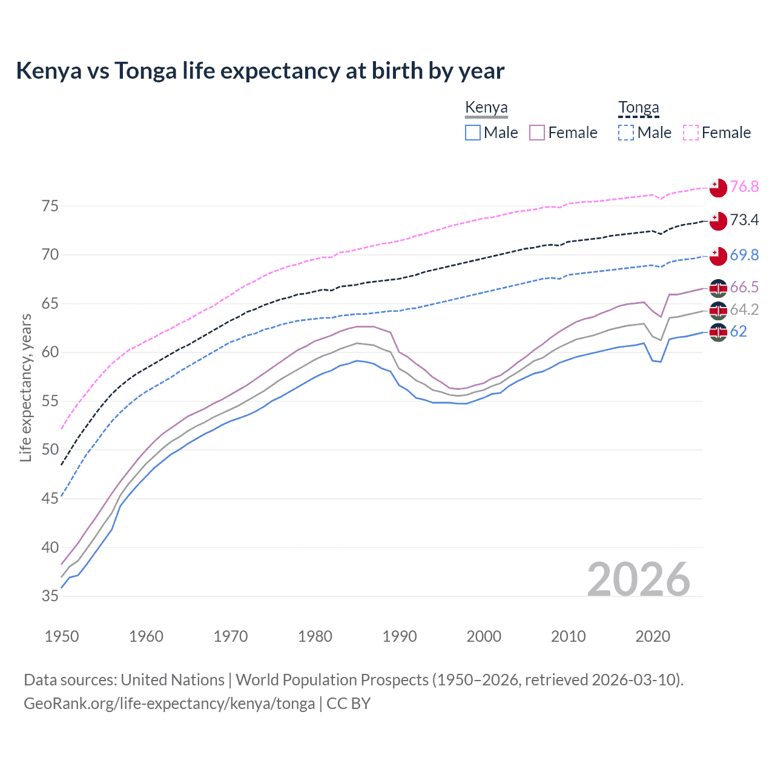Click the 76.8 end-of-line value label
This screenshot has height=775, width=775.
tap(744, 186)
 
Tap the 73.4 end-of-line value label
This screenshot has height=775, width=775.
tap(744, 220)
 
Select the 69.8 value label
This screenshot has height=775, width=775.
tap(744, 255)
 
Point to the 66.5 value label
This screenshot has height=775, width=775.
tap(744, 287)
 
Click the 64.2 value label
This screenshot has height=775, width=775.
tap(744, 309)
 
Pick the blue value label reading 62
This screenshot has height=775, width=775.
tap(738, 331)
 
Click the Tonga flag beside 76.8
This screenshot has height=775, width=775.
tap(718, 188)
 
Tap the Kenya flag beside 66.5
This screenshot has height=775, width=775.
tap(718, 288)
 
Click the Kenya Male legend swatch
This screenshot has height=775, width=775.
tap(473, 133)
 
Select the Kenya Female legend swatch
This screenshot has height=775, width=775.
tap(537, 133)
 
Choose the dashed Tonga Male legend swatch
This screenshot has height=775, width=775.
tap(626, 133)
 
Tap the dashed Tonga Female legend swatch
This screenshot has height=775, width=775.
tap(691, 133)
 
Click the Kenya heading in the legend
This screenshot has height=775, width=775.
tap(486, 108)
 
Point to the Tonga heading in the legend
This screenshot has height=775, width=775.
tap(638, 108)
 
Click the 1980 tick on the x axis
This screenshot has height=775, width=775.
tap(315, 636)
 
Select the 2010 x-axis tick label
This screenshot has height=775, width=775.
tap(568, 636)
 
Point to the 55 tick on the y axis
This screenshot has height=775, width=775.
tap(50, 401)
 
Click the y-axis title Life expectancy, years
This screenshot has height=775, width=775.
tap(25, 388)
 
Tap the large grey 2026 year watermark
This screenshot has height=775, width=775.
tap(639, 579)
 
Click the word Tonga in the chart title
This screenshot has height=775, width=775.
tap(145, 71)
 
